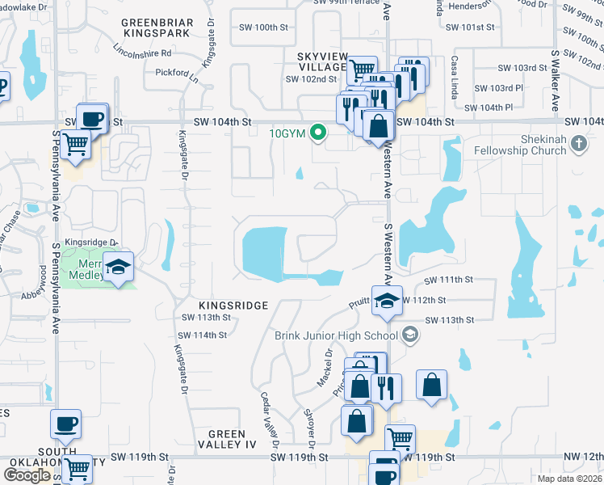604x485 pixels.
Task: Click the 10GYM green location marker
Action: click(319, 133)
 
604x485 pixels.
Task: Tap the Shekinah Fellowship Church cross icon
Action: click(578, 144)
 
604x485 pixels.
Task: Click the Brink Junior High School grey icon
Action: click(410, 335)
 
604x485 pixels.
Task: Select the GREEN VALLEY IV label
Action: click(227, 439)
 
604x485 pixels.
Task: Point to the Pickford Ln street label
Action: click(178, 72)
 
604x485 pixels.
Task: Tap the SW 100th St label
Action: click(264, 27)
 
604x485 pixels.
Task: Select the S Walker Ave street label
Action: click(556, 80)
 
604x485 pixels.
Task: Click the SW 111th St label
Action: click(448, 280)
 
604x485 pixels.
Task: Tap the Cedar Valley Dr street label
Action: click(268, 420)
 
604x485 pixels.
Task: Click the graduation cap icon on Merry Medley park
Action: click(119, 268)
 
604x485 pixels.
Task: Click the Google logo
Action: click(27, 475)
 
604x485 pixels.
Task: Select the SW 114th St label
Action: click(203, 335)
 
